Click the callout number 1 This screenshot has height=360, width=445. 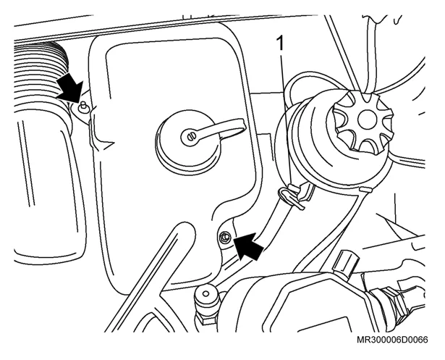[x=280, y=43]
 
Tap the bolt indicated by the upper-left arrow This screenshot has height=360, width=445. [x=83, y=106]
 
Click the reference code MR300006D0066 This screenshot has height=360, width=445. [x=392, y=340]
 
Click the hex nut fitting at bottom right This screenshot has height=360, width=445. [x=389, y=301]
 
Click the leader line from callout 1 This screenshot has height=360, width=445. [x=286, y=120]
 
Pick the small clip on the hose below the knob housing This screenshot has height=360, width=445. [x=366, y=189]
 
